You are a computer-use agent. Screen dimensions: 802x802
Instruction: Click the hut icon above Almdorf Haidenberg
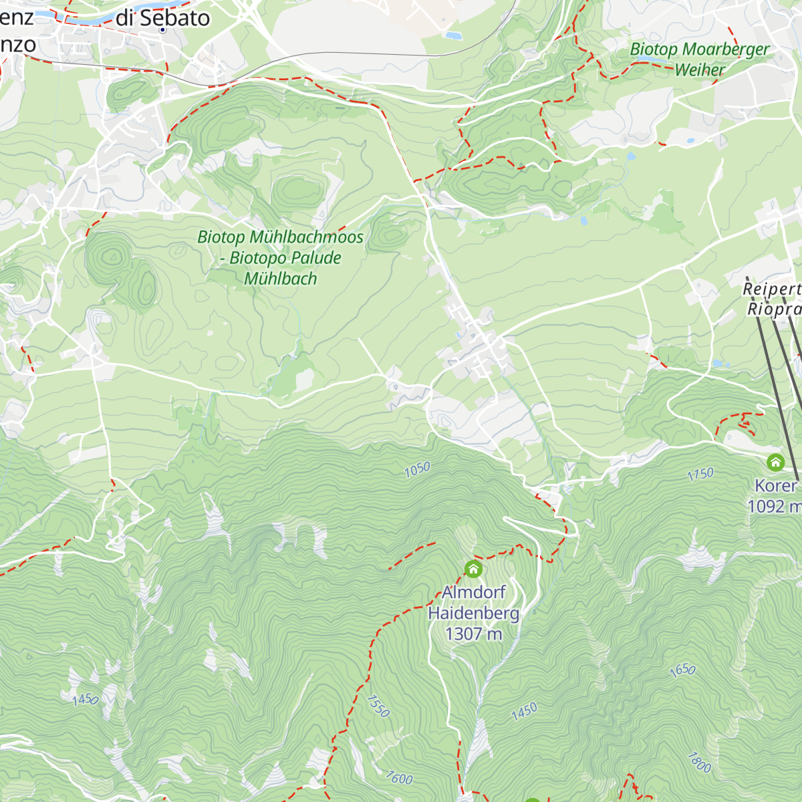tap(473, 569)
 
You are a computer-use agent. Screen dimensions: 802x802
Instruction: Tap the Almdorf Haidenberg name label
tap(473, 603)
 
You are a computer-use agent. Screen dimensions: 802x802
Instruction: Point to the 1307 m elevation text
tap(473, 634)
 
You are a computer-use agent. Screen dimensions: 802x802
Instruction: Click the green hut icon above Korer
tap(775, 462)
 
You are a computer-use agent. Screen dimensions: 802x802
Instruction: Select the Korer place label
tap(776, 486)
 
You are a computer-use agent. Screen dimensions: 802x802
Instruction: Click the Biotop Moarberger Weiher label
tap(699, 59)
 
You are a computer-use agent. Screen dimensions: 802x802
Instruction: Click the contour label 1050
tap(417, 470)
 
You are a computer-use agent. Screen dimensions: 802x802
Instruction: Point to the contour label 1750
tap(700, 475)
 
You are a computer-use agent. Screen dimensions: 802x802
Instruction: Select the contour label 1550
tap(378, 706)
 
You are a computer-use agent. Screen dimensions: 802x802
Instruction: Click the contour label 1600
tap(399, 777)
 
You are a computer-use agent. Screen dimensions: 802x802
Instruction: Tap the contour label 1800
tap(699, 762)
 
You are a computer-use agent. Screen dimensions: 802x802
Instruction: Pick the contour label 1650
tap(682, 670)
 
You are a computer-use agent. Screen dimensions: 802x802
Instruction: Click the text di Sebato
tap(162, 18)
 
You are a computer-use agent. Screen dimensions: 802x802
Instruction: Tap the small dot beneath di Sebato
tap(162, 30)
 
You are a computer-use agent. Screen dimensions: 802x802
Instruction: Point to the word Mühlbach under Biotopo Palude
tap(281, 279)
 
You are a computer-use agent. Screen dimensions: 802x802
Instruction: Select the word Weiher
tap(699, 70)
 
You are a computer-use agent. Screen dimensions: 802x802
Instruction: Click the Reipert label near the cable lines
tap(772, 289)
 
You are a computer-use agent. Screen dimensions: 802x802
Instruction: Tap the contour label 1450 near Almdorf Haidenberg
tap(524, 711)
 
